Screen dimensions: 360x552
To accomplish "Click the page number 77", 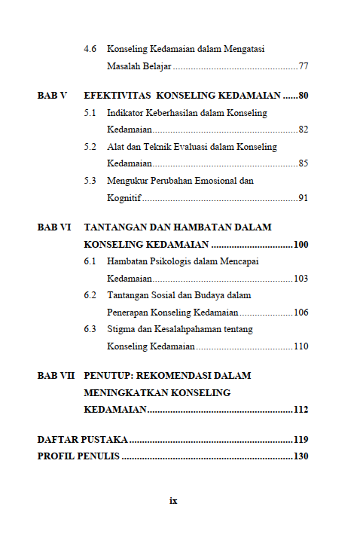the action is pyautogui.click(x=304, y=67).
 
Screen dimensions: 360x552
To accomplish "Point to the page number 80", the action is pyautogui.click(x=304, y=96).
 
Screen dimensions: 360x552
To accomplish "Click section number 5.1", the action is pyautogui.click(x=90, y=113).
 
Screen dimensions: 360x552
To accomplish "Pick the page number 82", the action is pyautogui.click(x=304, y=130).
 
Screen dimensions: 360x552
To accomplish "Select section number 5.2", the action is pyautogui.click(x=90, y=147).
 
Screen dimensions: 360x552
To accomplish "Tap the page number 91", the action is pyautogui.click(x=304, y=198).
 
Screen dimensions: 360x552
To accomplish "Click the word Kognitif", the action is pyautogui.click(x=124, y=198).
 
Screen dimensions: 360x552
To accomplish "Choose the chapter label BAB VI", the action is pyautogui.click(x=54, y=227).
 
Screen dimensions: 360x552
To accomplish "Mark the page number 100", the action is pyautogui.click(x=301, y=245).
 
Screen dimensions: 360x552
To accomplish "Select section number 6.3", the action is pyautogui.click(x=90, y=329).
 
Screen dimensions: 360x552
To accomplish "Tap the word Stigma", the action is pyautogui.click(x=122, y=329).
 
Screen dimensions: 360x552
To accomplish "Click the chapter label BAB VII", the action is pyautogui.click(x=56, y=375).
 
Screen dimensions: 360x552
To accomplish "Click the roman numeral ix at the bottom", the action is pyautogui.click(x=173, y=500).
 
